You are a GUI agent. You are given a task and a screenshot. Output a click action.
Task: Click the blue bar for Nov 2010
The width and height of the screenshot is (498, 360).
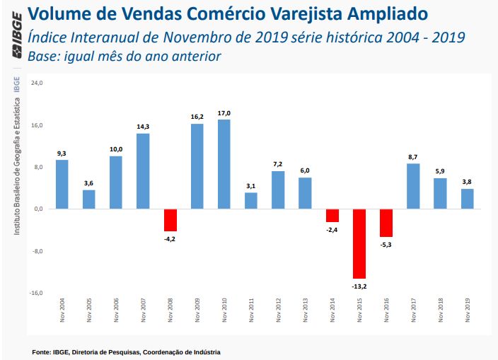click(224, 164)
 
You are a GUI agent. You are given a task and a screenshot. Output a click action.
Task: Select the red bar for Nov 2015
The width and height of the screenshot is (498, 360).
click(359, 243)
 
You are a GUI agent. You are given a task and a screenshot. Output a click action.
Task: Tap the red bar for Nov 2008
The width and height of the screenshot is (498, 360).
click(170, 220)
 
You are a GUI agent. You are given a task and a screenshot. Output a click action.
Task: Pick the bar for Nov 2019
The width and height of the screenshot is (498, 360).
click(468, 199)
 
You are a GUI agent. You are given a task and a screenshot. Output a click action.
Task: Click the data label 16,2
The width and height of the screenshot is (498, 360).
click(197, 117)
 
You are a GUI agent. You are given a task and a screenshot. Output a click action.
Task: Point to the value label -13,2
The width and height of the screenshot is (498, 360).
click(359, 286)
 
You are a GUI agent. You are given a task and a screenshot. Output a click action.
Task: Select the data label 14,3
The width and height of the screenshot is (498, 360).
click(143, 127)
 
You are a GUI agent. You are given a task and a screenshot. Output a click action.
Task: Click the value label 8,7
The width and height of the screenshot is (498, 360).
click(413, 156)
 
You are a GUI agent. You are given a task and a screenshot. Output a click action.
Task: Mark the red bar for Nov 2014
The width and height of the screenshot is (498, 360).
click(332, 216)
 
